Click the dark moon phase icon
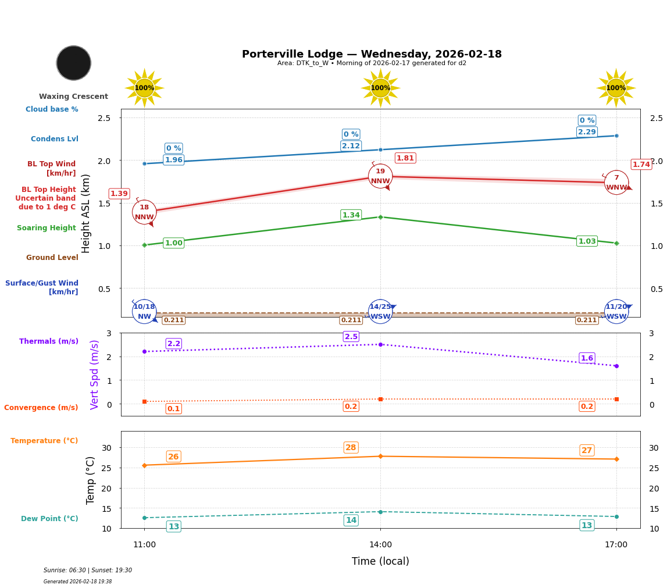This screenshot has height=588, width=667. pyautogui.click(x=74, y=63)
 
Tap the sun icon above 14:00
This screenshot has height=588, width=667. pyautogui.click(x=380, y=88)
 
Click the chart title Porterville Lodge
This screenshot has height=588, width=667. pyautogui.click(x=372, y=54)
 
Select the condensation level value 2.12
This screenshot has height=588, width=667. pyautogui.click(x=351, y=146)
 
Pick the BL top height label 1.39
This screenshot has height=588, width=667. pyautogui.click(x=119, y=194)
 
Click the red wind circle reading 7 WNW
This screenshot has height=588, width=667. pyautogui.click(x=616, y=183)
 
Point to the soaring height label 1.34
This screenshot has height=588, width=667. pyautogui.click(x=351, y=215)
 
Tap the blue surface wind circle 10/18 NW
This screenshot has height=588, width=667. pyautogui.click(x=144, y=311)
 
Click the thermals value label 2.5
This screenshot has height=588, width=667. pyautogui.click(x=351, y=337)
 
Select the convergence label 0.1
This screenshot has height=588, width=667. pyautogui.click(x=173, y=409)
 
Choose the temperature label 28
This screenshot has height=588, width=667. pyautogui.click(x=351, y=447)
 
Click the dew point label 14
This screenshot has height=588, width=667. pyautogui.click(x=351, y=521)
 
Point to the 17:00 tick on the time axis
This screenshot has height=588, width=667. pyautogui.click(x=616, y=545)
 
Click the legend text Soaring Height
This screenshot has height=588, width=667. pyautogui.click(x=47, y=228)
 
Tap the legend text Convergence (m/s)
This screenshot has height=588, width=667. pyautogui.click(x=41, y=408)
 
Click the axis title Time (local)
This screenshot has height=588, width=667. pyautogui.click(x=380, y=561)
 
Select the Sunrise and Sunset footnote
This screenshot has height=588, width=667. pyautogui.click(x=88, y=571)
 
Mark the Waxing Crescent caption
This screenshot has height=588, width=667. pyautogui.click(x=73, y=97)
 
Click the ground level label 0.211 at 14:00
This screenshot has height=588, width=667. pyautogui.click(x=351, y=320)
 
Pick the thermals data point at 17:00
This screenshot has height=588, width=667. pyautogui.click(x=616, y=366)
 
